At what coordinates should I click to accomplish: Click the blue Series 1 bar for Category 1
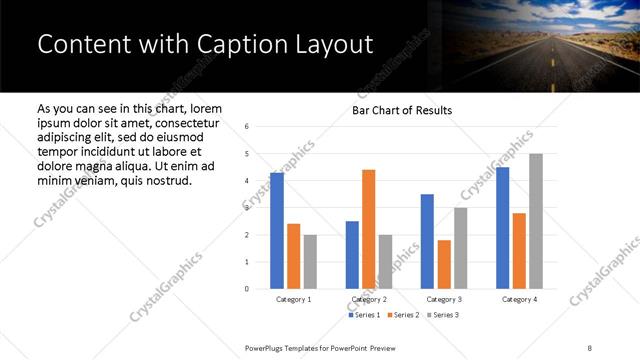pos(277,231)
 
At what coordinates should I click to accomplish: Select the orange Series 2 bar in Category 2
pos(368,229)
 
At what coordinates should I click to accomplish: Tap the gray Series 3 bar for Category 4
pos(536,221)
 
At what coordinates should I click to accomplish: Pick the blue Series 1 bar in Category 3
pos(427,241)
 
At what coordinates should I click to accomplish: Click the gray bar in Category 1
pos(310,261)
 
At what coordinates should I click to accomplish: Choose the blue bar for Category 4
pos(502,228)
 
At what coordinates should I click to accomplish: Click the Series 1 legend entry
pos(363,315)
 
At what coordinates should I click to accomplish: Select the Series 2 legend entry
pos(404,315)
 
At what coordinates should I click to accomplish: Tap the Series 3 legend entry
pos(445,315)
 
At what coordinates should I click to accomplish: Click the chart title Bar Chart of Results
pos(402,110)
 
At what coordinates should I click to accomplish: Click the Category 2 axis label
pos(368,299)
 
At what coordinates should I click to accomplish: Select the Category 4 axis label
pos(518,299)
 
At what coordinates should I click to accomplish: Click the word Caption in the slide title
pos(225,45)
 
